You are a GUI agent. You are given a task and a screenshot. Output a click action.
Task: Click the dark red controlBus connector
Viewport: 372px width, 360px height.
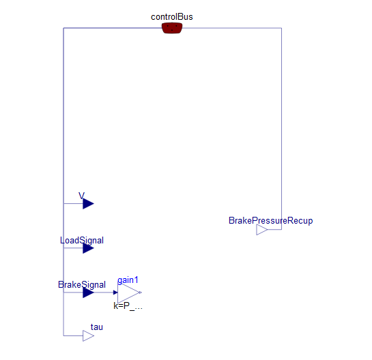pos(172,28)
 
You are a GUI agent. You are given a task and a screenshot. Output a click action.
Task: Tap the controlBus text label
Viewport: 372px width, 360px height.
pos(172,17)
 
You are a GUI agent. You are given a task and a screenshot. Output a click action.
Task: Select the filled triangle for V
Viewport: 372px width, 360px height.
pos(88,204)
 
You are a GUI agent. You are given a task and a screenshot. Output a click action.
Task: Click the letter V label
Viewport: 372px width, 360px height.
pos(81,196)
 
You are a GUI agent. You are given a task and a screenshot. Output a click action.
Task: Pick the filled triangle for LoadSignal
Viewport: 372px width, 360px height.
pos(88,248)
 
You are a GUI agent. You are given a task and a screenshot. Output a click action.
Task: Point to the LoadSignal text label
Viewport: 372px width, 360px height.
pos(82,240)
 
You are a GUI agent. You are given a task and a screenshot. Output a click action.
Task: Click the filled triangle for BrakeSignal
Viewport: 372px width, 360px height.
pos(88,292)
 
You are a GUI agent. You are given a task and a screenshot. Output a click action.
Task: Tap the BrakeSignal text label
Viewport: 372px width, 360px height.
pos(82,284)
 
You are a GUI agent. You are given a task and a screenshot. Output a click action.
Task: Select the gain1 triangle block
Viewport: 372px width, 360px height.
pos(129,292)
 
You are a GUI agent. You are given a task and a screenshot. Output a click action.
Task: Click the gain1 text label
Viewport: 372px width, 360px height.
pos(128,280)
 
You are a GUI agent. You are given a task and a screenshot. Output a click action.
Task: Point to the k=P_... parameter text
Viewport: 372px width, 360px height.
pos(128,306)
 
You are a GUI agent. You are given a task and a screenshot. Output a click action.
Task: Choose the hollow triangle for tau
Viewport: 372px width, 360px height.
pos(88,336)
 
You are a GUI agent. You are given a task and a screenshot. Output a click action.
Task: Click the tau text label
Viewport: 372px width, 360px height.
pos(97,327)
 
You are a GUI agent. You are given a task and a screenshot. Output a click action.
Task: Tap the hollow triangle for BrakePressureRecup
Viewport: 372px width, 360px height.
pos(262,230)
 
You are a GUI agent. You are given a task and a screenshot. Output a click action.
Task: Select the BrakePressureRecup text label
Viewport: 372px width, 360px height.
pos(271,221)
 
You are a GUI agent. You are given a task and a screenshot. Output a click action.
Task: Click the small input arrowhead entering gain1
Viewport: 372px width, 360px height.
pos(115,292)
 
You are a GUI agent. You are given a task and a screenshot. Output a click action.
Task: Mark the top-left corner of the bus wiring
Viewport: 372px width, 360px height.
pos(63,28)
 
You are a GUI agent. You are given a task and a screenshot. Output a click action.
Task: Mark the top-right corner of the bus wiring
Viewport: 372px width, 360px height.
pos(282,28)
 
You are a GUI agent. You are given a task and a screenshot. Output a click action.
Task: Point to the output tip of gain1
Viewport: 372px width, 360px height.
pos(141,292)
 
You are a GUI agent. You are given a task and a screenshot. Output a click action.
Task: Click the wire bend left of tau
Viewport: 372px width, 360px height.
pos(63,336)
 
